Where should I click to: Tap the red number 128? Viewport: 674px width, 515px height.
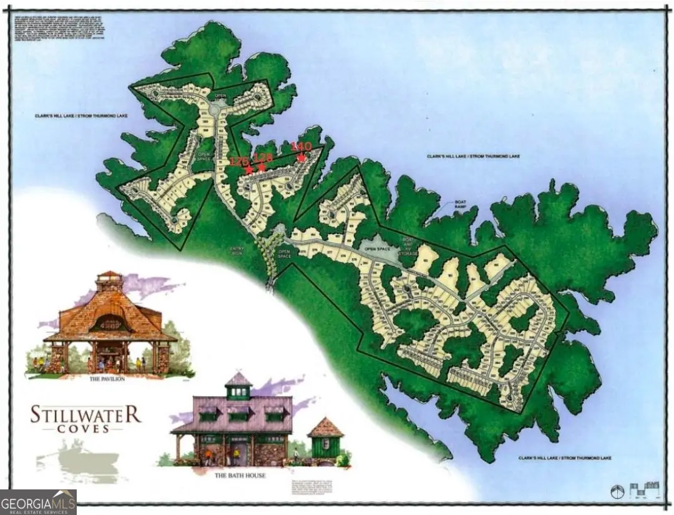tap(263, 158)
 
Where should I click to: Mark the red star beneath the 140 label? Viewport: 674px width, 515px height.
tap(301, 158)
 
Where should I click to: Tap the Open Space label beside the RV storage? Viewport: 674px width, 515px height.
tap(376, 248)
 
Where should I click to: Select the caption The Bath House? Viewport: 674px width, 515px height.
tap(240, 476)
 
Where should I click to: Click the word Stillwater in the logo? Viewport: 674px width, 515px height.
tap(85, 414)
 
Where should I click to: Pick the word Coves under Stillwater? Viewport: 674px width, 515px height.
tap(85, 429)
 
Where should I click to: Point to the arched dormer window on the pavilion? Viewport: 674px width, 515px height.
tap(110, 323)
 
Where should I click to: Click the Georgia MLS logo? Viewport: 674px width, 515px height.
tap(39, 502)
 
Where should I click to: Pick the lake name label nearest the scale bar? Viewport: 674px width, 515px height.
tap(564, 458)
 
